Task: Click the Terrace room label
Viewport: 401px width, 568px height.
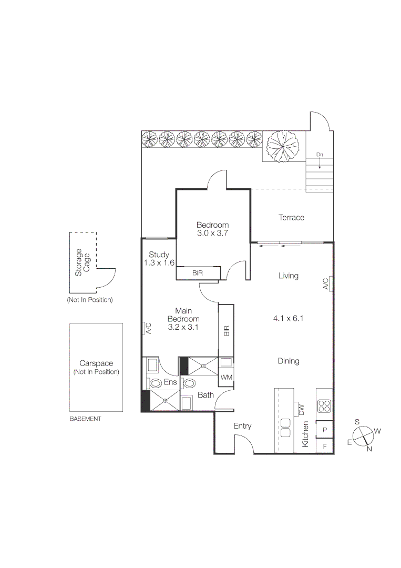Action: click(291, 217)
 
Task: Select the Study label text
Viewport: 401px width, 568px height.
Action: click(159, 255)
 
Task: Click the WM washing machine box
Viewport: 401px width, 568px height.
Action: click(227, 377)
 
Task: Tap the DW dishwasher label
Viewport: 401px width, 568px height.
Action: click(301, 409)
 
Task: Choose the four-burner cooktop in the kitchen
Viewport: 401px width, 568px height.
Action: click(324, 407)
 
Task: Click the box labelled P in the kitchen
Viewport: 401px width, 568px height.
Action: click(324, 430)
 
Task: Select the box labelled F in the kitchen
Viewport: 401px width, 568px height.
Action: click(324, 446)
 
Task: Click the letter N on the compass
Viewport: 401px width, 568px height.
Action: click(369, 449)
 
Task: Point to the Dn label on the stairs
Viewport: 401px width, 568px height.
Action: click(319, 155)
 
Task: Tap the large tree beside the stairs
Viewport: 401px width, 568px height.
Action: click(283, 146)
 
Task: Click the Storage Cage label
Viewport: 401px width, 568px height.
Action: click(82, 262)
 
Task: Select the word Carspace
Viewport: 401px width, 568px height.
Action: click(96, 363)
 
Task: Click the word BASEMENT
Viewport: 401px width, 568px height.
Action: click(85, 419)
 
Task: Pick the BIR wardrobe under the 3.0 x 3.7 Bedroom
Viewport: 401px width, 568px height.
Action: click(198, 273)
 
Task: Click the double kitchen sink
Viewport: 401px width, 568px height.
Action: click(286, 428)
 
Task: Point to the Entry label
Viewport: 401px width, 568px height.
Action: click(242, 426)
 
